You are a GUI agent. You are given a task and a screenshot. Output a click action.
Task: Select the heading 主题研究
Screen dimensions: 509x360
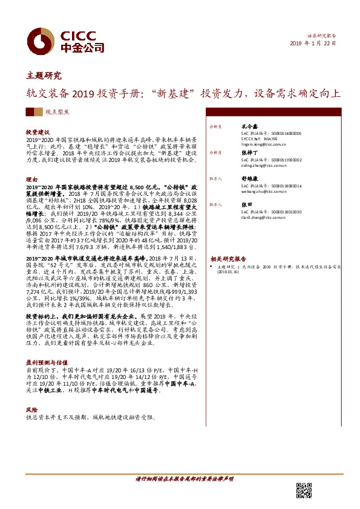tap(44, 76)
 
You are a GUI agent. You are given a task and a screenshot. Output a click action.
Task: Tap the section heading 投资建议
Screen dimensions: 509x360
tap(38, 132)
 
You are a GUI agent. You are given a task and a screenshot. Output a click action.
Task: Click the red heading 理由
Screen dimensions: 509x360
tap(31, 180)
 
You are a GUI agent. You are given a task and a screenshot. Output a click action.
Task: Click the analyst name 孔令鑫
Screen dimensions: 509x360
tap(249, 127)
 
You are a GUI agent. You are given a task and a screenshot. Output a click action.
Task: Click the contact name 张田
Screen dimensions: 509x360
tap(246, 205)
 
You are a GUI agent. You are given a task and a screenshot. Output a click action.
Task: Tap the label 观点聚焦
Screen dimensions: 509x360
tap(57, 112)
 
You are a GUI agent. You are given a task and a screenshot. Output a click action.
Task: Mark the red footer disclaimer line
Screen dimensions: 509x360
tap(184, 478)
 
